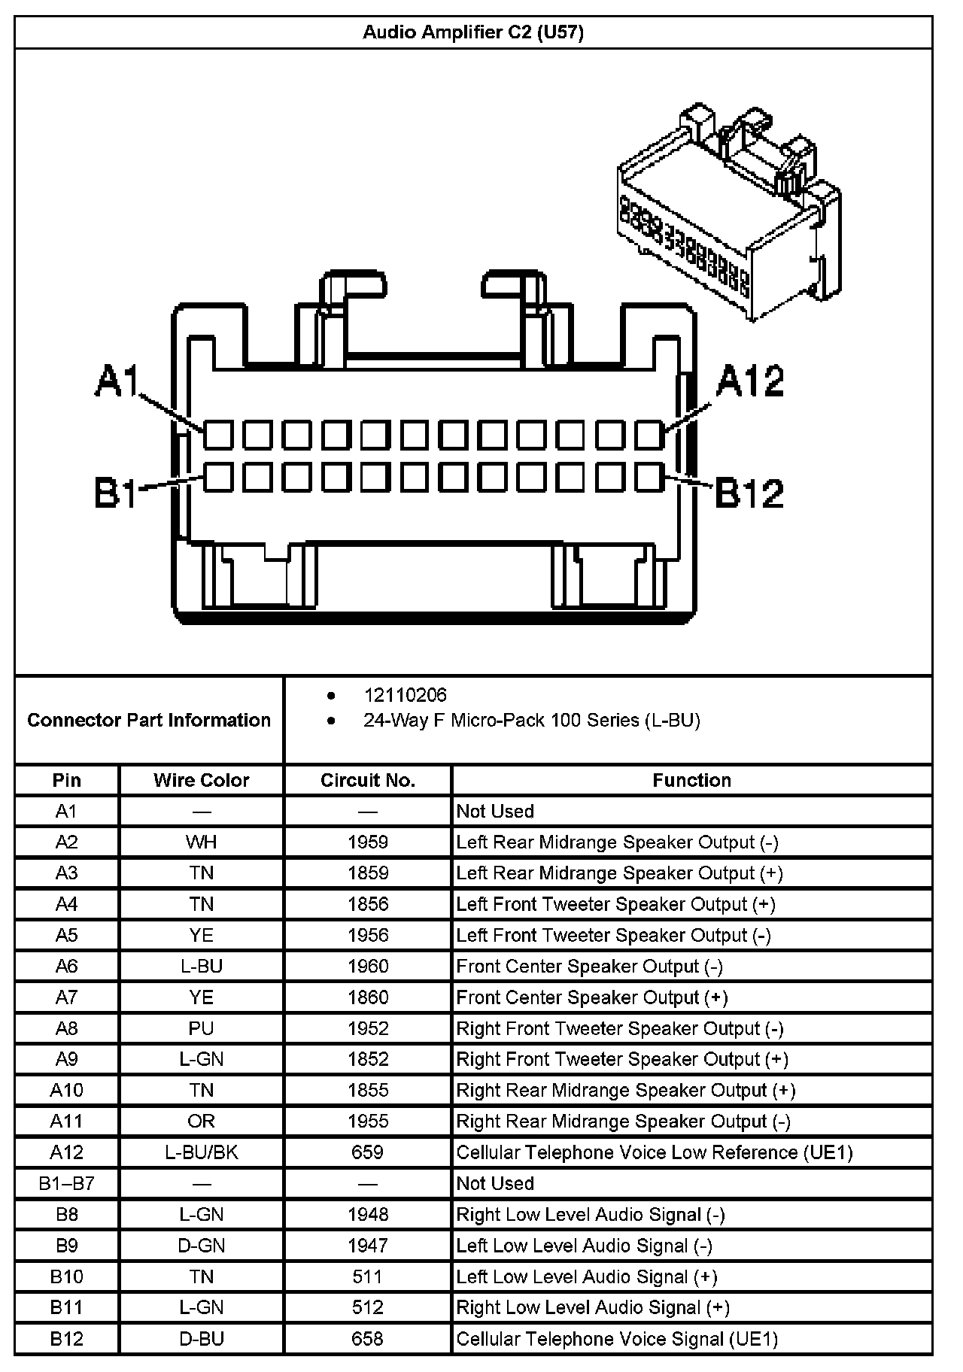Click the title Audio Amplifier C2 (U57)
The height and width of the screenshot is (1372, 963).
(473, 32)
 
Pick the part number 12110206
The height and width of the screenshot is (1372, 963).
(405, 695)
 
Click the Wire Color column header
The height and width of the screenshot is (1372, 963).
(201, 780)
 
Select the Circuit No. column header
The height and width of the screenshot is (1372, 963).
(368, 780)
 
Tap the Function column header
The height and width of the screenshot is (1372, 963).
(691, 780)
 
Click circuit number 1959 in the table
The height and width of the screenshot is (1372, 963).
(368, 842)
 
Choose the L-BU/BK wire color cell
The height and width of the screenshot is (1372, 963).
(201, 1152)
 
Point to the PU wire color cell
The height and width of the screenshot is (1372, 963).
(201, 1028)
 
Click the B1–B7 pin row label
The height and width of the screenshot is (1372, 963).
(67, 1183)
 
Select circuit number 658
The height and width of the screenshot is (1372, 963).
(368, 1338)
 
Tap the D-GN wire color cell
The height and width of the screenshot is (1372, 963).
(201, 1246)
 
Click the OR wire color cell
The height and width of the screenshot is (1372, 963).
(201, 1122)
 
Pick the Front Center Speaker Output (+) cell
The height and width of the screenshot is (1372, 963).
(592, 997)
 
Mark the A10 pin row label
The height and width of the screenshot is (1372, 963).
(67, 1090)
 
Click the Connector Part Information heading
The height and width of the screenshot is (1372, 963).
(149, 720)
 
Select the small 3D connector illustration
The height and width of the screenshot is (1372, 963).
(728, 214)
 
